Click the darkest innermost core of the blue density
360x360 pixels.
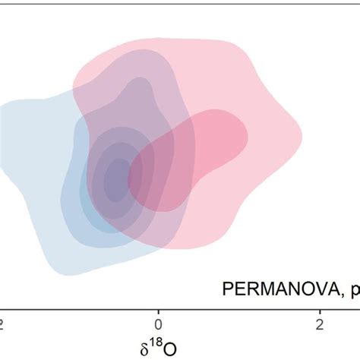(115, 179)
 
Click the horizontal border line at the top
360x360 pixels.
(180, 2)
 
